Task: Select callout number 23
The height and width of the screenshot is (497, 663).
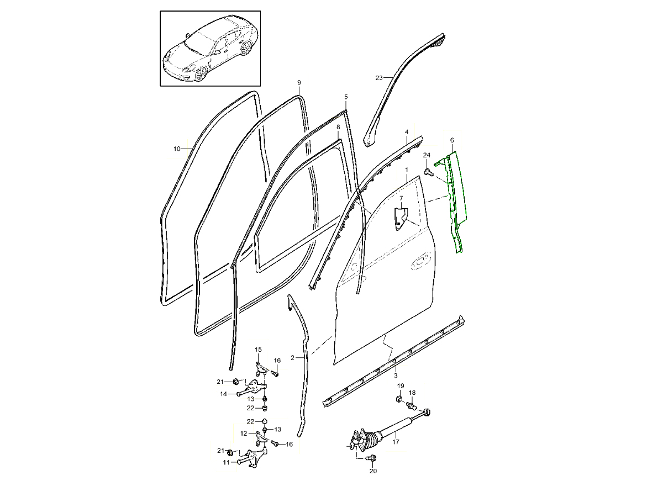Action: point(379,78)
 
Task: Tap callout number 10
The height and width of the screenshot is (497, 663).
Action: point(177,149)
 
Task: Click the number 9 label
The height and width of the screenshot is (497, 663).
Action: point(299,82)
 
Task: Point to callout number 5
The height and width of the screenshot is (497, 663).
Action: point(346,97)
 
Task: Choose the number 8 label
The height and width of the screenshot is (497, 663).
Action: point(338,127)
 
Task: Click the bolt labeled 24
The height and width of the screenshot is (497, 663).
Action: point(428,172)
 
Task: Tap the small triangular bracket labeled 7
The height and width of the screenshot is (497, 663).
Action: point(401,219)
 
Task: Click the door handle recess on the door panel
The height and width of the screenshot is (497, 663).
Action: point(420,263)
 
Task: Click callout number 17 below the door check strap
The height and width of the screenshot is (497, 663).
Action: point(396,442)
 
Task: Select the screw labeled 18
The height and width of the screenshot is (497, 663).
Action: point(412,405)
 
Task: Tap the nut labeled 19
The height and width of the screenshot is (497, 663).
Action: point(399,399)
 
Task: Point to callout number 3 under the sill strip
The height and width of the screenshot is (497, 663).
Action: point(396,376)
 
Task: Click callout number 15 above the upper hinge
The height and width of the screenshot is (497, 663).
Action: point(258,350)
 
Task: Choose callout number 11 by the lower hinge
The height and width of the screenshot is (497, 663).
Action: point(226,462)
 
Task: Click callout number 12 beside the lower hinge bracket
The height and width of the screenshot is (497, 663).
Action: point(244,433)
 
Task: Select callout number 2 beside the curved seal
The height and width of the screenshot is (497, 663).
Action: point(292,358)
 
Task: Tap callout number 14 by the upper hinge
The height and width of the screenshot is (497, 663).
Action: point(223,394)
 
